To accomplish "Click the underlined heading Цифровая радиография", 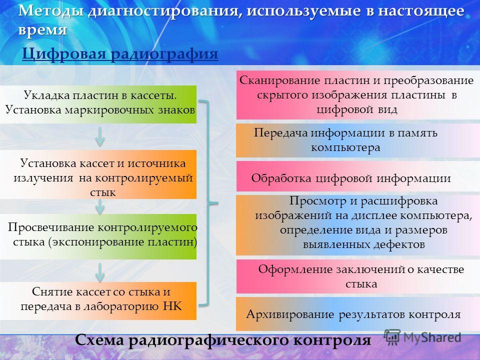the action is click(x=120, y=54).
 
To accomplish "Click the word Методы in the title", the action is click(x=51, y=11).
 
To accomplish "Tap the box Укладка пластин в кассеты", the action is click(x=98, y=104).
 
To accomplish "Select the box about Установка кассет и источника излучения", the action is click(x=98, y=174).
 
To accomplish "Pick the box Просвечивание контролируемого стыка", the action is click(x=98, y=236).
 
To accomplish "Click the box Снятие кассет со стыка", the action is click(x=98, y=301).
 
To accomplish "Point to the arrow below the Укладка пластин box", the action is click(x=100, y=136).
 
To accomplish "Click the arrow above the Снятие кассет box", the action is click(x=100, y=272).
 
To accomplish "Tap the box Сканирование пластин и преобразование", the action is click(x=358, y=95).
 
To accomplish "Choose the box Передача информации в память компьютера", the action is click(x=358, y=140).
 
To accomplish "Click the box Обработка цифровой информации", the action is click(x=358, y=176).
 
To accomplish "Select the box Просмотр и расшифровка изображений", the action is click(x=358, y=225).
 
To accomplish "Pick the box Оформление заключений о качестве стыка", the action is click(x=358, y=276).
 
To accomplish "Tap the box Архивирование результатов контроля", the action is click(x=358, y=314).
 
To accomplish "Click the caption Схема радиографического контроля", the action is click(x=223, y=340).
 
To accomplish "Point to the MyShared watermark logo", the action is click(x=422, y=337).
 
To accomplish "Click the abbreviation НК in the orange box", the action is click(x=172, y=306).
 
